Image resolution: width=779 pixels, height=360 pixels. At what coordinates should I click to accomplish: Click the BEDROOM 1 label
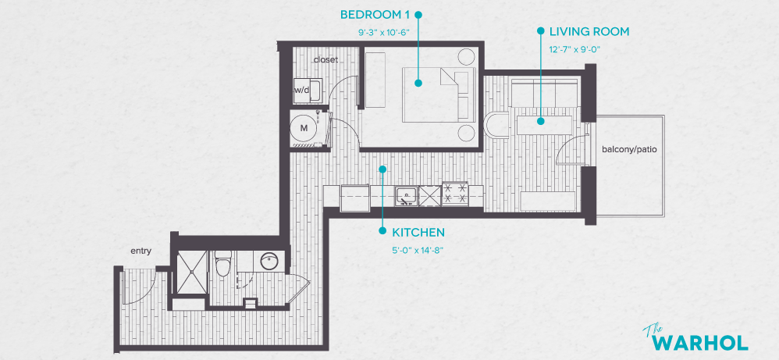pyautogui.click(x=374, y=15)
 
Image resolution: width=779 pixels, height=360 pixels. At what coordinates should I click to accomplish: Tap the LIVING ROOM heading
pyautogui.click(x=589, y=32)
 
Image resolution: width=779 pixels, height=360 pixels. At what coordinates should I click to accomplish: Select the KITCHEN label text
pyautogui.click(x=418, y=233)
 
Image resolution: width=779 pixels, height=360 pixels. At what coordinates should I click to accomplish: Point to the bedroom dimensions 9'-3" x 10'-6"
pyautogui.click(x=382, y=33)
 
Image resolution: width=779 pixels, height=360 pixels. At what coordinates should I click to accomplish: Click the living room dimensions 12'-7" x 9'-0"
pyautogui.click(x=578, y=49)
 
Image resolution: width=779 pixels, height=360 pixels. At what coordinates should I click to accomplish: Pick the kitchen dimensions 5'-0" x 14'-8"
pyautogui.click(x=418, y=251)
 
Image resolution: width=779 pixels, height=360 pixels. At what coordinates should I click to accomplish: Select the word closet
pyautogui.click(x=325, y=60)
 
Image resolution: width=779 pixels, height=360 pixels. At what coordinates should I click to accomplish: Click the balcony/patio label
pyautogui.click(x=629, y=149)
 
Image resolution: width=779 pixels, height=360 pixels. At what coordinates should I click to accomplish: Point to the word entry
pyautogui.click(x=141, y=251)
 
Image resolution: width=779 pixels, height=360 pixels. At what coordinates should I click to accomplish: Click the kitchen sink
pyautogui.click(x=405, y=195)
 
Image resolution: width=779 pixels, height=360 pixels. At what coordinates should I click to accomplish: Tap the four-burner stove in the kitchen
pyautogui.click(x=455, y=194)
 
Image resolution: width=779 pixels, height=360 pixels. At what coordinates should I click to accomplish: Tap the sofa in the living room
pyautogui.click(x=545, y=91)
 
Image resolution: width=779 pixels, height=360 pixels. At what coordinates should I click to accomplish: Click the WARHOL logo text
pyautogui.click(x=699, y=342)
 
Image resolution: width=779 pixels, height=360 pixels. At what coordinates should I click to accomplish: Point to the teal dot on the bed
pyautogui.click(x=418, y=82)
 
